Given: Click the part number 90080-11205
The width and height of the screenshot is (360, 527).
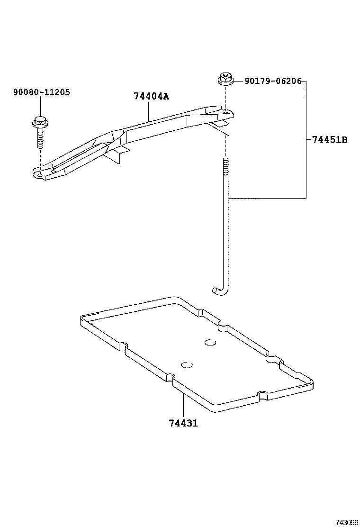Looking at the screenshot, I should tap(41, 92).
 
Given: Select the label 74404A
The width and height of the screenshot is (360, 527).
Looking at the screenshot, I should tap(151, 96).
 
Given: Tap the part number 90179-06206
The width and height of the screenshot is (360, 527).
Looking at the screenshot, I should tap(273, 81).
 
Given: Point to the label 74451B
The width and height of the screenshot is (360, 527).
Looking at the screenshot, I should tap(330, 140).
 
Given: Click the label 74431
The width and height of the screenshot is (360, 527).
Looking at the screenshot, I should tap(183, 423).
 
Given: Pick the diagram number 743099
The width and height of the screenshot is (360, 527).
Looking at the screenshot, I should tap(347, 522).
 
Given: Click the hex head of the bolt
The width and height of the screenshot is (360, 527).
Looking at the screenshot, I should tap(39, 122).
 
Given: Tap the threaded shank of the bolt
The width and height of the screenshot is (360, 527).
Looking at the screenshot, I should tap(39, 139).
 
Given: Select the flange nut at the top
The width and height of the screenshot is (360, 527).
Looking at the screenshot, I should tap(225, 79).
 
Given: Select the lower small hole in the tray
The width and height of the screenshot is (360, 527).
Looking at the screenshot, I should tap(187, 365).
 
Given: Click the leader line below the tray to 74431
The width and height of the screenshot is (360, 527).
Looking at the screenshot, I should tap(182, 403).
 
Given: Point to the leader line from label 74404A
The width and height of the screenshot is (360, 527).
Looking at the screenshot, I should tap(149, 110).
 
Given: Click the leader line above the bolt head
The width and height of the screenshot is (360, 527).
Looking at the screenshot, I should tap(40, 106).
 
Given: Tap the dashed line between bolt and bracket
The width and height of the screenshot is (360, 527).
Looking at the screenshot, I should tap(40, 159).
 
